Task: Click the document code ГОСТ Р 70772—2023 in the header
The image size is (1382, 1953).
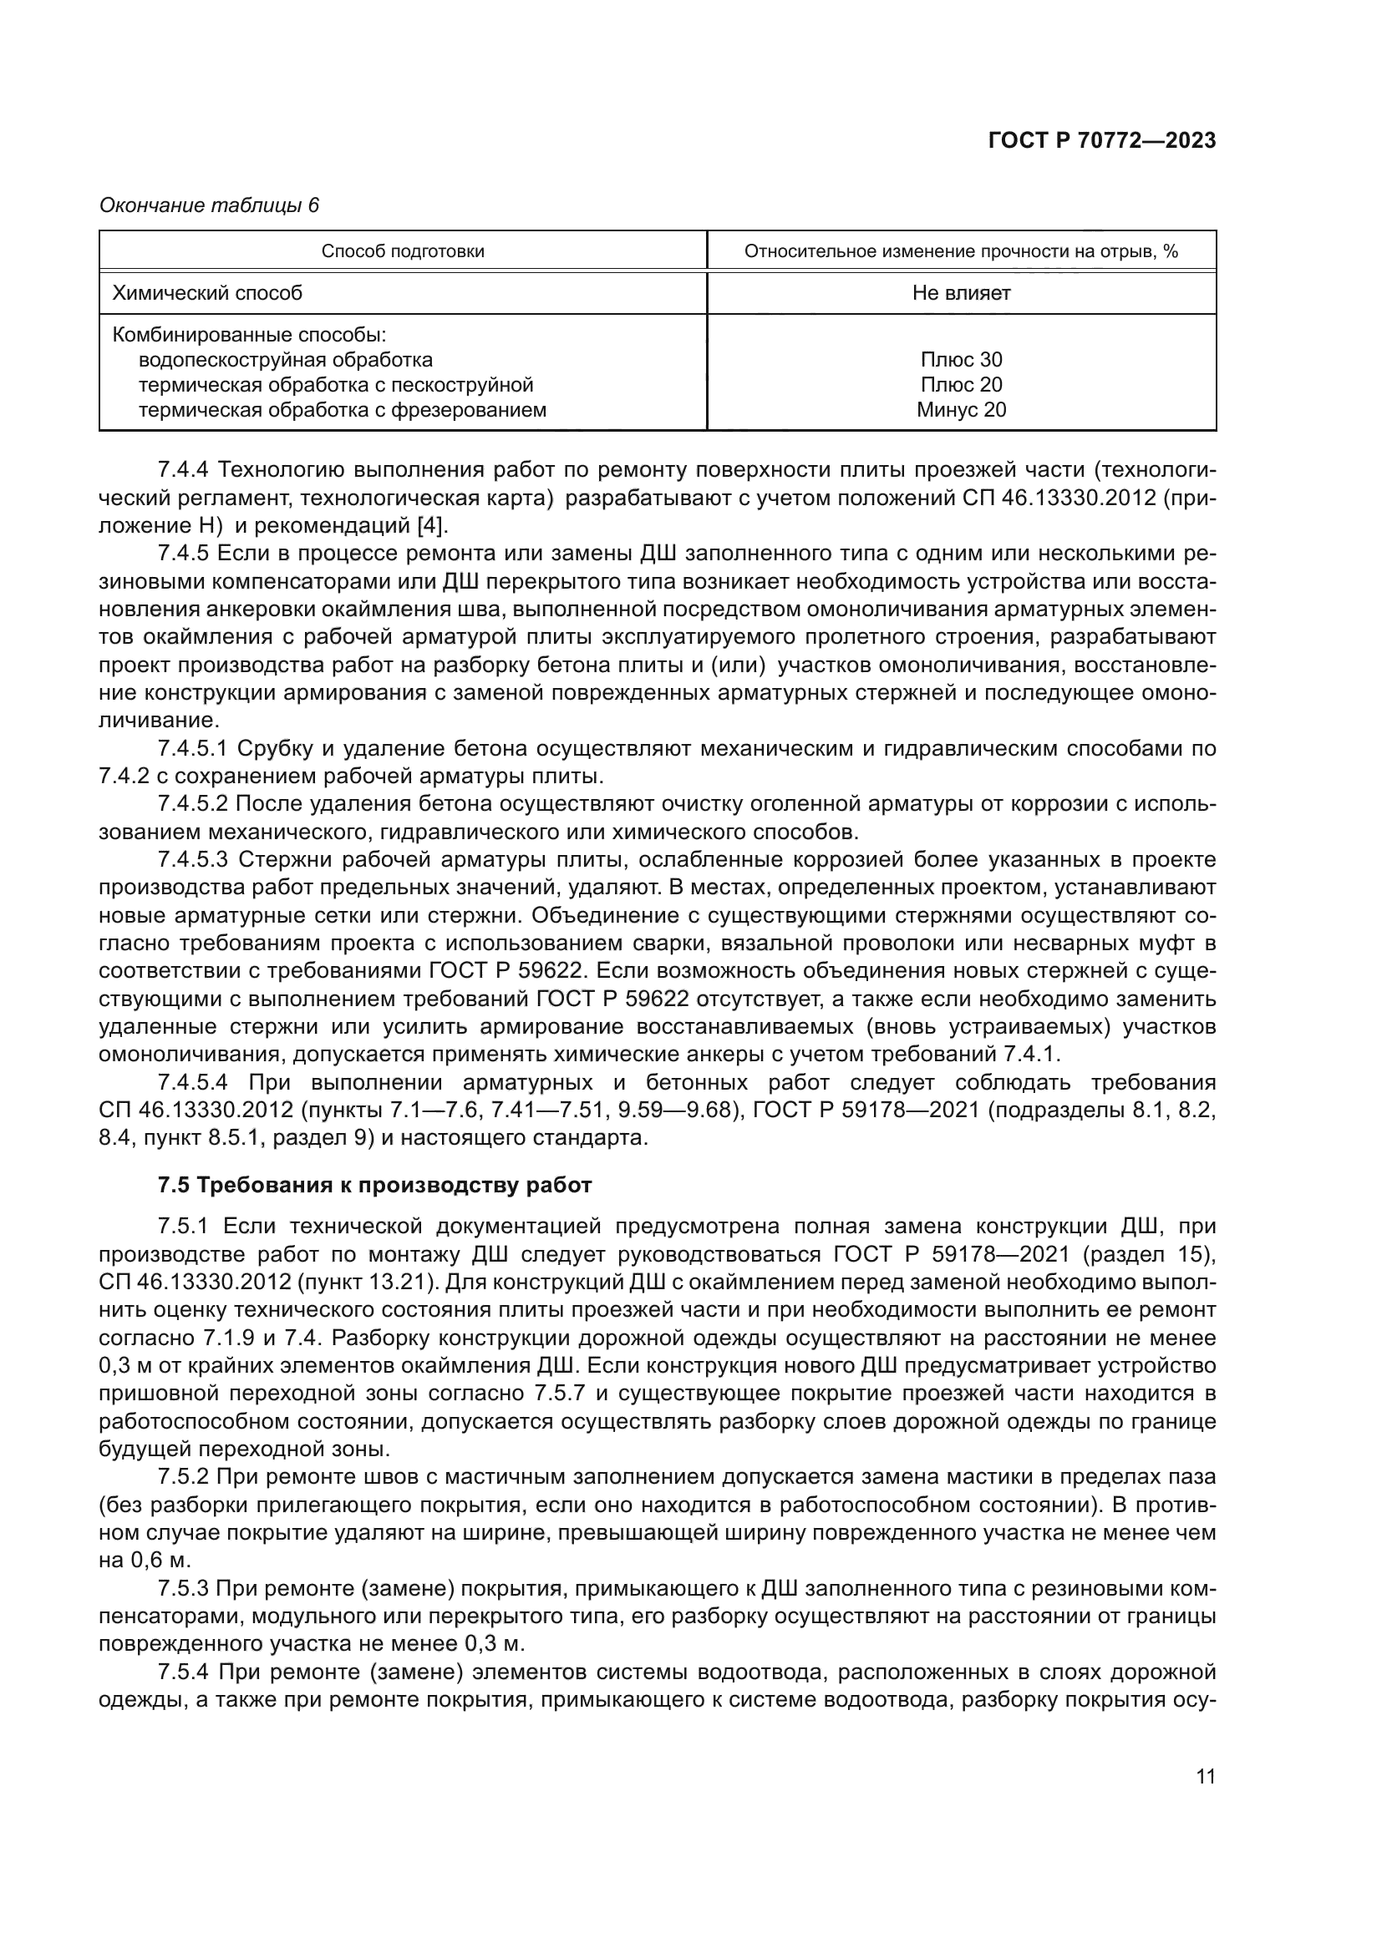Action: (1101, 141)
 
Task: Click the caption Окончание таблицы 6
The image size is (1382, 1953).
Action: (210, 206)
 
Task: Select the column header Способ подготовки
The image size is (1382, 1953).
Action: (403, 251)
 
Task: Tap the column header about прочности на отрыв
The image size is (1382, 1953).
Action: (961, 251)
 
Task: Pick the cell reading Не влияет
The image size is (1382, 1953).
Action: (961, 293)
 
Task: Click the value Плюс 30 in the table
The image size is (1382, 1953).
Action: (961, 360)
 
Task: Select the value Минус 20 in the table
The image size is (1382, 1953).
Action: (961, 410)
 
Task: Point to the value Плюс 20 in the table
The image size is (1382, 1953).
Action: (961, 384)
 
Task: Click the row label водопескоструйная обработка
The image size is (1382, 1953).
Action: (285, 360)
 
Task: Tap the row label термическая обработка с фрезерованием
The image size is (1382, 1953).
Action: (342, 410)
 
